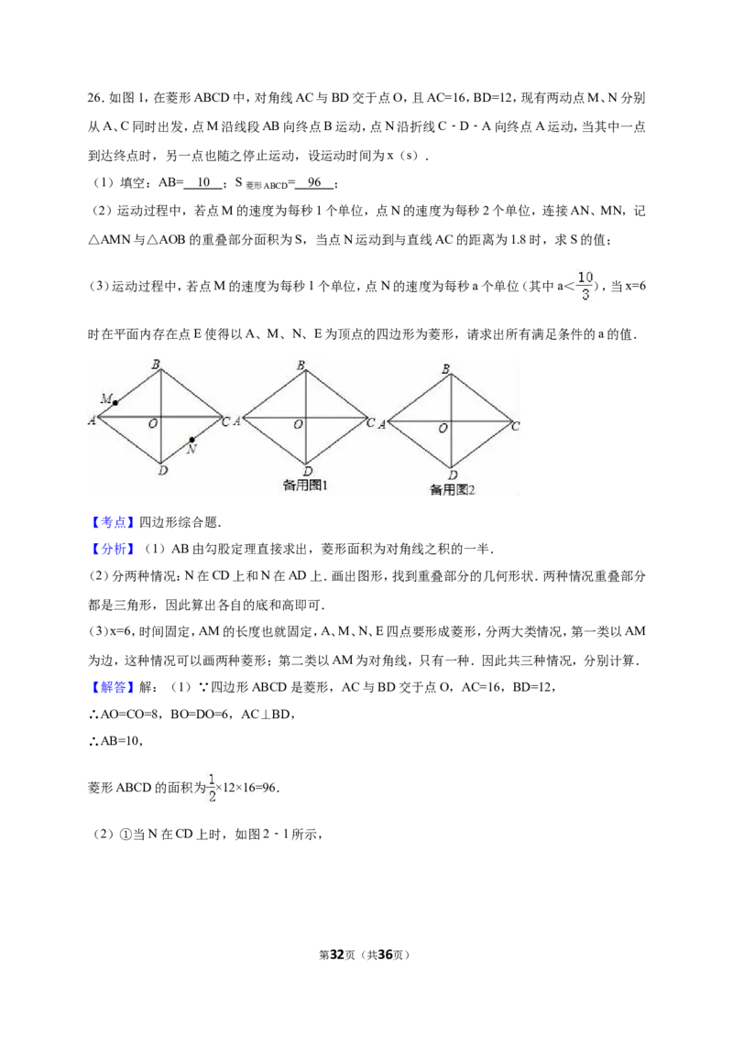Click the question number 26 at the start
94,98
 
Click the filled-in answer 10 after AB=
203,182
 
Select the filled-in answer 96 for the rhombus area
314,182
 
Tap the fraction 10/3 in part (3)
585,285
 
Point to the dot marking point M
115,403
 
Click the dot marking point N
191,439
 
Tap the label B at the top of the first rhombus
156,364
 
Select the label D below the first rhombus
163,470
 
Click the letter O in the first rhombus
153,423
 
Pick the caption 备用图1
305,486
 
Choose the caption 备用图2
453,490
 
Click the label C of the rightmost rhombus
515,427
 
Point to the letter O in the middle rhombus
299,424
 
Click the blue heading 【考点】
113,522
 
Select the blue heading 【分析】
113,549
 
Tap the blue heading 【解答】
113,687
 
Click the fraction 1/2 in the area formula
212,788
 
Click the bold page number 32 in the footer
337,955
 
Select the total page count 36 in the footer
385,955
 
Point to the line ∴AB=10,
115,741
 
